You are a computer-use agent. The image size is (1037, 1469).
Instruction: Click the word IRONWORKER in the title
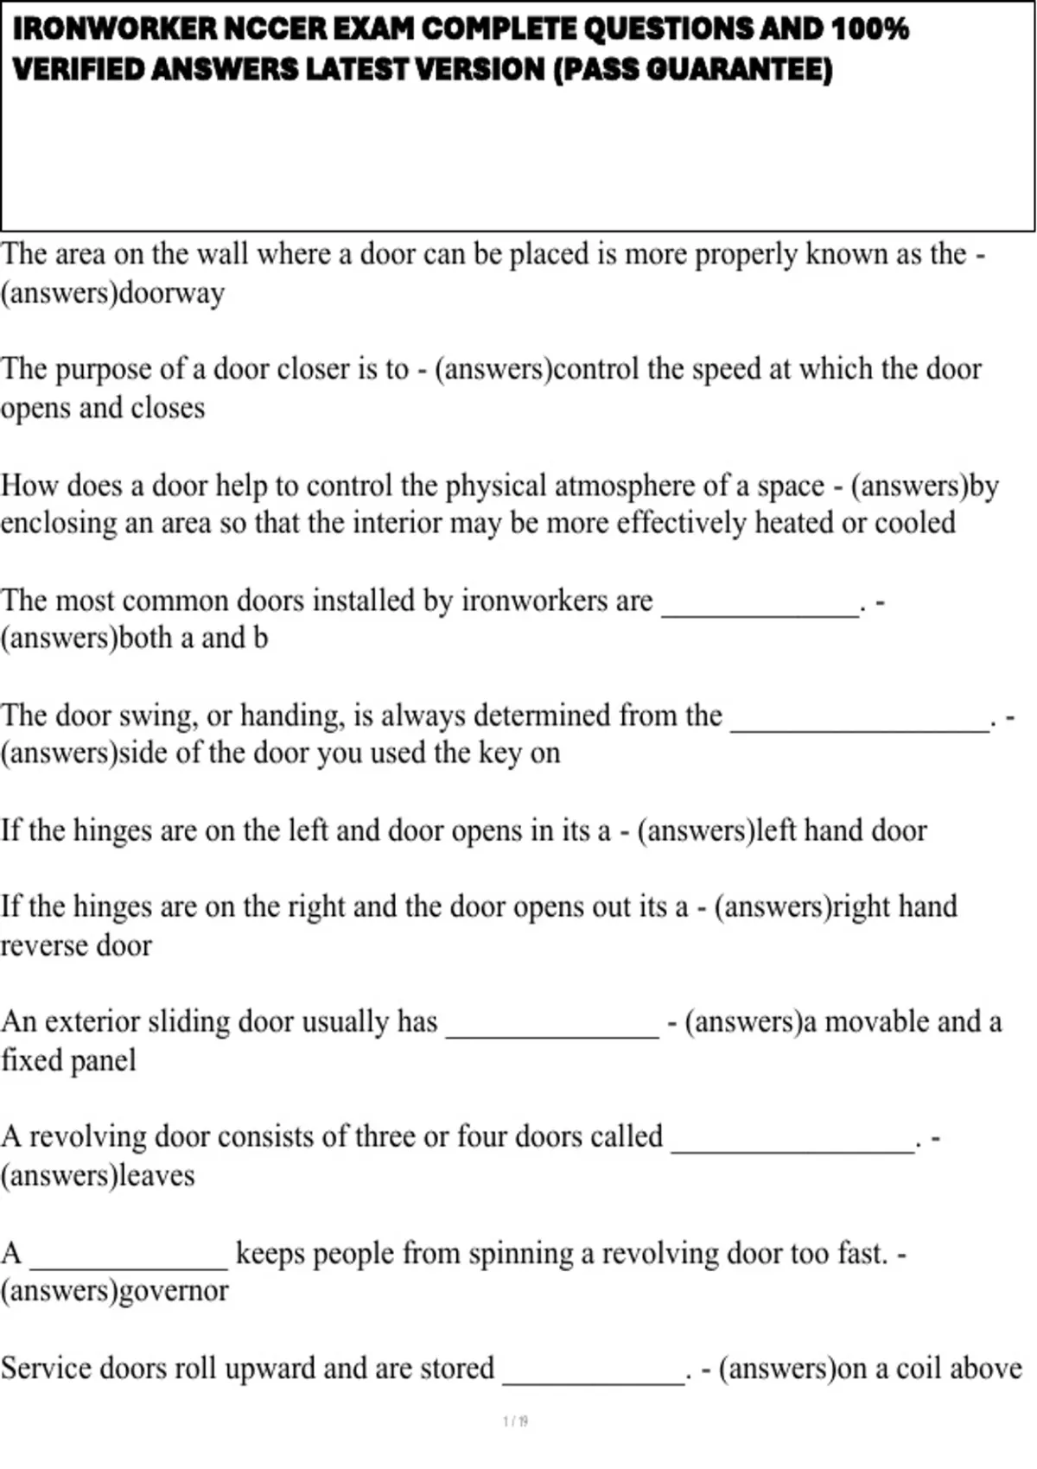115,29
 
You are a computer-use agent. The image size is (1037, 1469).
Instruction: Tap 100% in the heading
870,29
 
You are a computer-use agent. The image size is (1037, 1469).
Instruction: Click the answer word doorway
171,293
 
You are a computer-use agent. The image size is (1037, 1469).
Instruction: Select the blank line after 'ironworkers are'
760,612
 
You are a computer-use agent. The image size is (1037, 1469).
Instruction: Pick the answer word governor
173,1291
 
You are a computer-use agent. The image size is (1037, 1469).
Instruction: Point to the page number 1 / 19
515,1421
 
